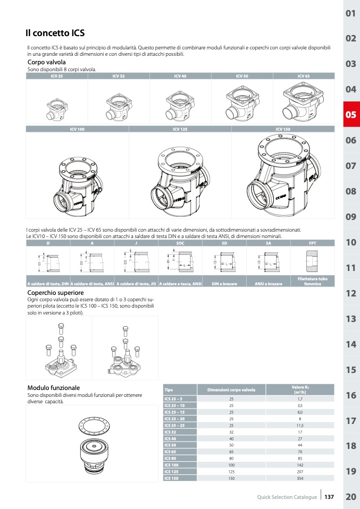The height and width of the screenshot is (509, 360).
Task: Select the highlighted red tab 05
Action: [350, 115]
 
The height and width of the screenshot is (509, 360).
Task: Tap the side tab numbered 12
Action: [350, 293]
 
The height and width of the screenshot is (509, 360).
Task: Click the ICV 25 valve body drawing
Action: [57, 104]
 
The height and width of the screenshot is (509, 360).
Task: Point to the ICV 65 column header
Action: [304, 77]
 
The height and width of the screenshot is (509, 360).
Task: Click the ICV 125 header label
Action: [180, 129]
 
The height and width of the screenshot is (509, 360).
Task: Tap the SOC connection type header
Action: [180, 243]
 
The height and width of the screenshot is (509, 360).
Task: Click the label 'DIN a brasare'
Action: [224, 284]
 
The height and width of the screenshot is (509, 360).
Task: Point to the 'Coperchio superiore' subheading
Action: [55, 293]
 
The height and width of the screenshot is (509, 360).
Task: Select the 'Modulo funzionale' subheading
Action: [53, 388]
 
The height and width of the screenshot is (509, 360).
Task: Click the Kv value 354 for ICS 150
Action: [300, 478]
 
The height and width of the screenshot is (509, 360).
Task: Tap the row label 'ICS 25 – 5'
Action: [173, 398]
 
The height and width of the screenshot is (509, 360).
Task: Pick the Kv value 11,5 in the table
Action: [300, 425]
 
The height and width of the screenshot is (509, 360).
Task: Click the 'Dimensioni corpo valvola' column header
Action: [231, 390]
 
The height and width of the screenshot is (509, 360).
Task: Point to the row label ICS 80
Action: [170, 458]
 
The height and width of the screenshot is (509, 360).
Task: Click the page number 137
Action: [329, 497]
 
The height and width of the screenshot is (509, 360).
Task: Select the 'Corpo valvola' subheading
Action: [46, 62]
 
